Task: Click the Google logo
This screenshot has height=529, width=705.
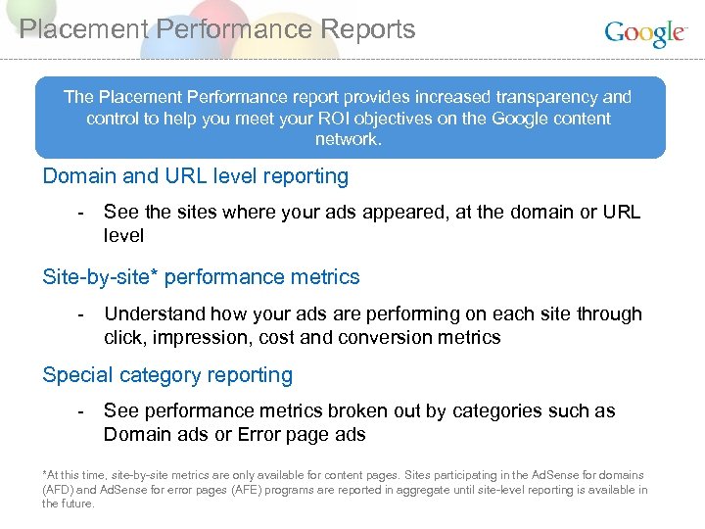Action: pyautogui.click(x=645, y=33)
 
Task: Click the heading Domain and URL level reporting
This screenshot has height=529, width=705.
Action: pyautogui.click(x=196, y=176)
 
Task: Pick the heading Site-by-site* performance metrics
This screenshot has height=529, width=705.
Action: pyautogui.click(x=201, y=277)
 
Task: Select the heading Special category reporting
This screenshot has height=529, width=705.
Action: pyautogui.click(x=167, y=375)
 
